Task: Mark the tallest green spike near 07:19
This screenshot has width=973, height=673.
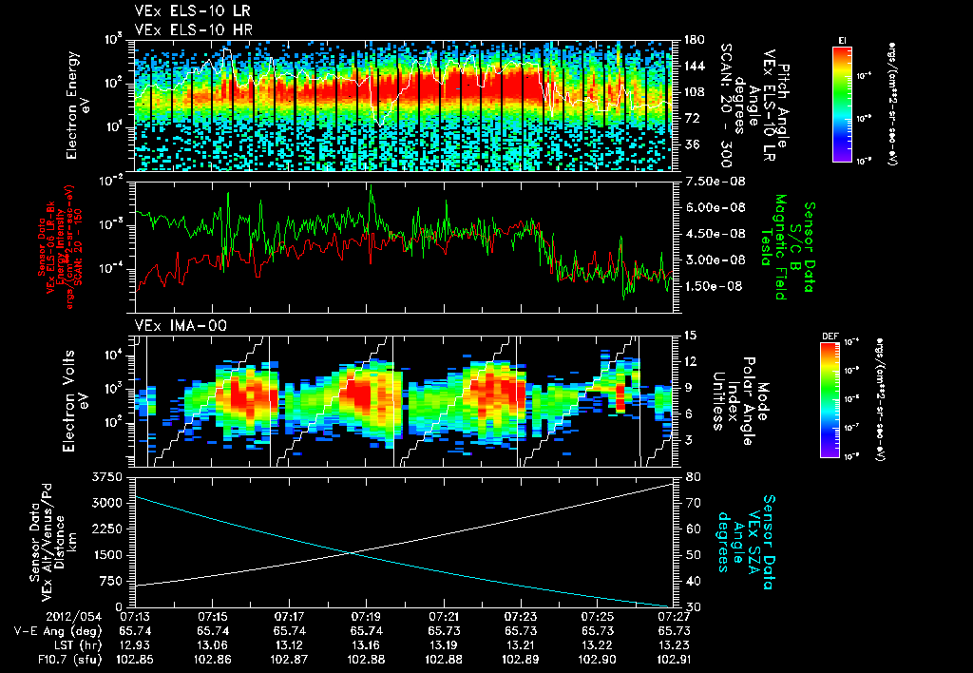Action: [371, 187]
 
